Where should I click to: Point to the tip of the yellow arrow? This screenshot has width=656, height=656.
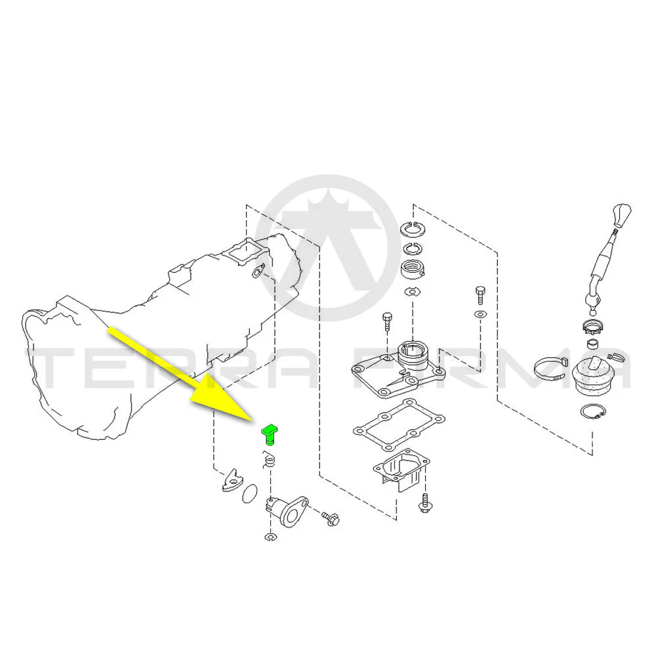[253, 422]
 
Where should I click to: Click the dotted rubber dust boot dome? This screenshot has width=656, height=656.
[592, 374]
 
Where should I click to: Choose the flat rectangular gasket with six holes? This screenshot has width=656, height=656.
[399, 425]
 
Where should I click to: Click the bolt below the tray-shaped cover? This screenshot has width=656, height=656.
[424, 503]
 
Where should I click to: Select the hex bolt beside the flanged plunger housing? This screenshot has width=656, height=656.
[331, 518]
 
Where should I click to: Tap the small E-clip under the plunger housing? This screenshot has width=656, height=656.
[270, 537]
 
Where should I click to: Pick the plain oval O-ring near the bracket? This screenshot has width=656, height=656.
[250, 494]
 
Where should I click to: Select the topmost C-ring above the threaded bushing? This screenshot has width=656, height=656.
[413, 228]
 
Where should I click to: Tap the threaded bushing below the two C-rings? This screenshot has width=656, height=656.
[413, 270]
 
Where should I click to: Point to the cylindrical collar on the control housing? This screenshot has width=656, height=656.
[412, 354]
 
